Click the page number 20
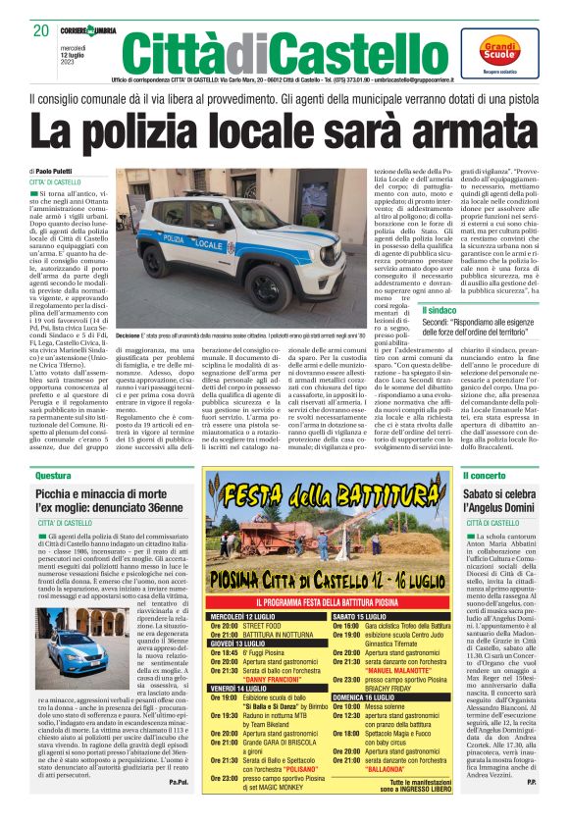tap(40, 30)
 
